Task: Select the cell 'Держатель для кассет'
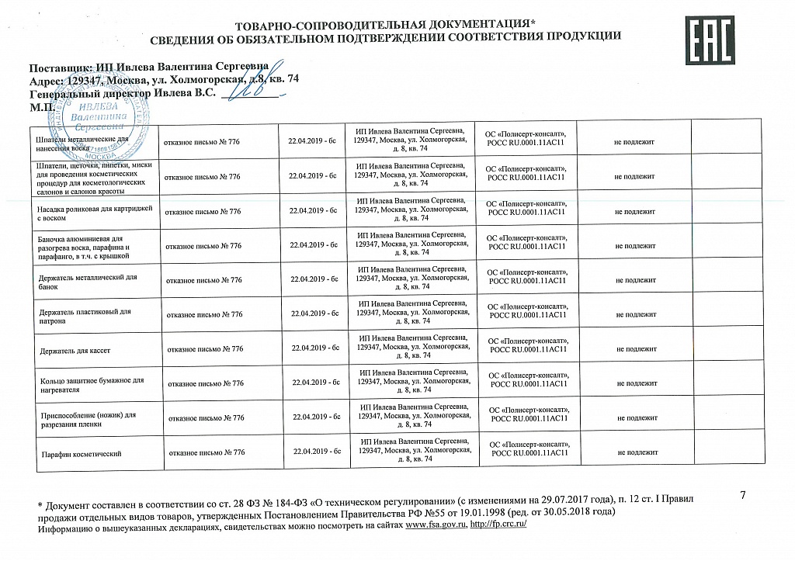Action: [x=75, y=351]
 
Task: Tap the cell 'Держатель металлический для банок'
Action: [x=87, y=281]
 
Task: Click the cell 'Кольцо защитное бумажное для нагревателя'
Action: [x=91, y=385]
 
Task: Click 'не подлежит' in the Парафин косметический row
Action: [x=637, y=452]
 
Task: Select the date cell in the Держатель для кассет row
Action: [x=314, y=350]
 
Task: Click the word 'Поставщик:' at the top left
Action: [x=60, y=67]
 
